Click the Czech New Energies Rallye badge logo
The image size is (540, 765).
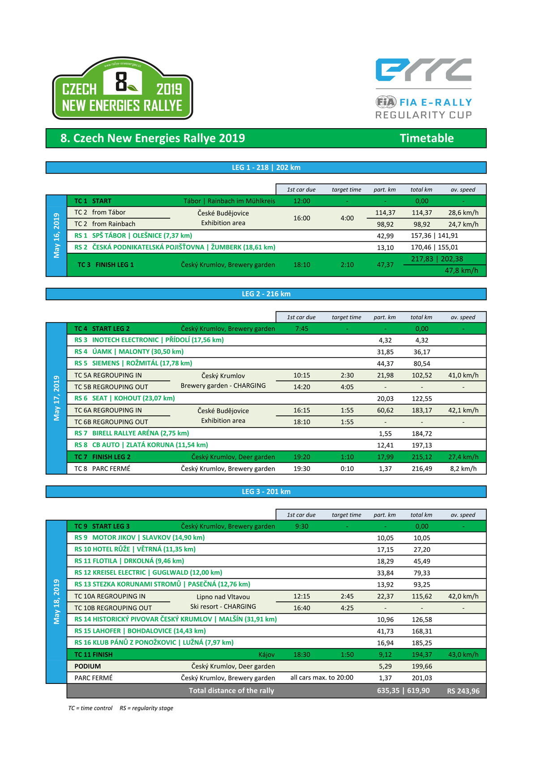[x=122, y=88]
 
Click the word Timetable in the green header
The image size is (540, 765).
[x=426, y=138]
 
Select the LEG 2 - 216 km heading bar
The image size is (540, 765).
[x=266, y=294]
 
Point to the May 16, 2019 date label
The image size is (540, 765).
[x=56, y=235]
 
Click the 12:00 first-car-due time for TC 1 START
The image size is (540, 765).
[x=301, y=201]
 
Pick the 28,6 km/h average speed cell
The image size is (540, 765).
[x=463, y=213]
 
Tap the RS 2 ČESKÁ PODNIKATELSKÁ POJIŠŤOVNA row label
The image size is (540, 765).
[x=175, y=247]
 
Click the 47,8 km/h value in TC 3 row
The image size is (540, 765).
[x=461, y=270]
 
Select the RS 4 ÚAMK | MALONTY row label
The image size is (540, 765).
[x=129, y=351]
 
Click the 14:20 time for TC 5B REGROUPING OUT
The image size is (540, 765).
[x=301, y=387]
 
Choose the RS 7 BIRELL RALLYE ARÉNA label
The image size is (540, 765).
[x=132, y=433]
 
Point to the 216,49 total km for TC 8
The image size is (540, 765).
[x=422, y=468]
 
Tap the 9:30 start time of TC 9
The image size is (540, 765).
[x=301, y=526]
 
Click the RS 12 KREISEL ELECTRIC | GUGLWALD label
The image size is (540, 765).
[x=148, y=572]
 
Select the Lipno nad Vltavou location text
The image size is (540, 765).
[x=223, y=596]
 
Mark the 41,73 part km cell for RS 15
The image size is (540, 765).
[x=385, y=631]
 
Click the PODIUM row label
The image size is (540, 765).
[x=88, y=666]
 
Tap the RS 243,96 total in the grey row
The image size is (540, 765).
[x=463, y=691]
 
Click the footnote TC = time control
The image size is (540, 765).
[x=90, y=708]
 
